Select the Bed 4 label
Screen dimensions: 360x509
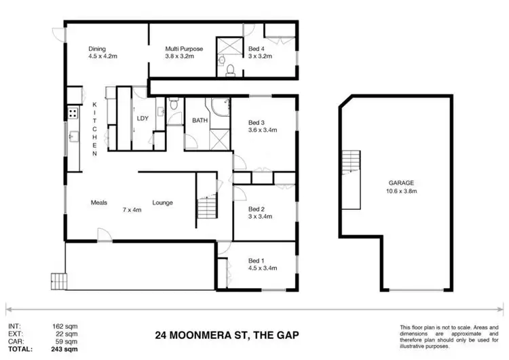(256, 49)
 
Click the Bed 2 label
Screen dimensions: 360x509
(256, 209)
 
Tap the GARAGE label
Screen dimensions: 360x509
(401, 183)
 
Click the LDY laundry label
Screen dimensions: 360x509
(143, 118)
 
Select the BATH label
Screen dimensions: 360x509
(200, 120)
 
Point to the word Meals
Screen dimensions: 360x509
(100, 202)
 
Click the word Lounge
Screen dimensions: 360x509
(162, 202)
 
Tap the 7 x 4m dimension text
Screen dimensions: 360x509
(132, 210)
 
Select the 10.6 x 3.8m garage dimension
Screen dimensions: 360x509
(401, 192)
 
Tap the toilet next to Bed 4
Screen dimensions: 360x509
(229, 68)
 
